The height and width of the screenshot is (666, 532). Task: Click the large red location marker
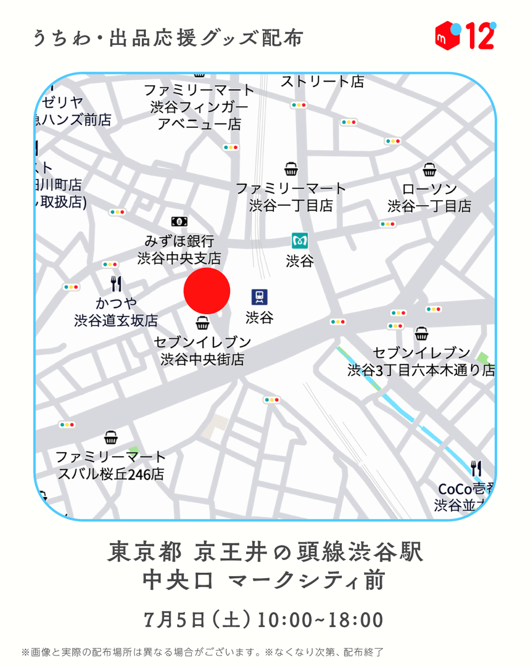coord(207,291)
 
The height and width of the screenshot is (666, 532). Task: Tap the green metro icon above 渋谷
coord(300,241)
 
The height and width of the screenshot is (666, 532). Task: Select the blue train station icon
coord(259,297)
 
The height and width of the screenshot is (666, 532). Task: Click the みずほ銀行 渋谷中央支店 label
coord(179,250)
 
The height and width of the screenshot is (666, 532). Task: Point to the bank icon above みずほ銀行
coord(179,221)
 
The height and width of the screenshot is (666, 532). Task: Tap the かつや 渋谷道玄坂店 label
coord(116,312)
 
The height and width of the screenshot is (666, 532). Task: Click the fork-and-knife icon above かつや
coord(116,284)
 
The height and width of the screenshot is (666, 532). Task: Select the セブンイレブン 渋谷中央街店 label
coord(202,351)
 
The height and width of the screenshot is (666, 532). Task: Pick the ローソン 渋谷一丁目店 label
coord(429,197)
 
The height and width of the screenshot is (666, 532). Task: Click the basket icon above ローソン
coord(429,169)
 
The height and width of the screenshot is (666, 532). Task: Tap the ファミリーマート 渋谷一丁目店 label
coord(291,197)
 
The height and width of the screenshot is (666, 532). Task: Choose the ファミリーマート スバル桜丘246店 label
coord(111,466)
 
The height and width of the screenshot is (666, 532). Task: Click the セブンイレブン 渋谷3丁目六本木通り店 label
coord(421,361)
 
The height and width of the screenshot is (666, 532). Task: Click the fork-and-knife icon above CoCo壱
coord(476,469)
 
